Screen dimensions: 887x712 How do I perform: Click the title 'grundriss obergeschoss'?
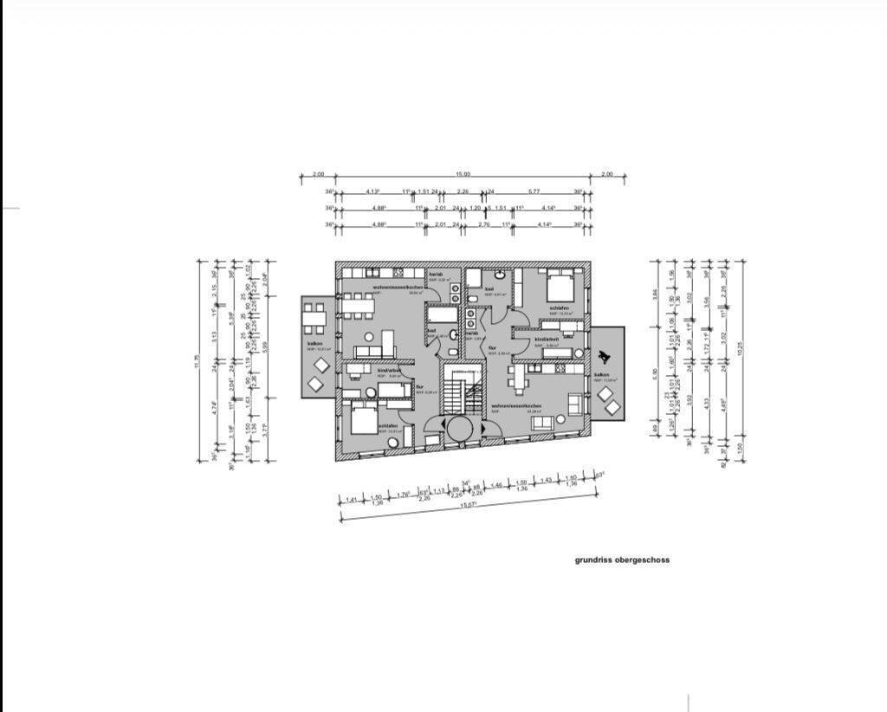click(622, 560)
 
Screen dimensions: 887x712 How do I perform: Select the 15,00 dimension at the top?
click(464, 175)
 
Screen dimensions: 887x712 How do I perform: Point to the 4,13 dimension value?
click(373, 191)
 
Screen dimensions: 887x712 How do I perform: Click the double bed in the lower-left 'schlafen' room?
click(363, 421)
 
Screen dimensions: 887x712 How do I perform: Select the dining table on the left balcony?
click(314, 317)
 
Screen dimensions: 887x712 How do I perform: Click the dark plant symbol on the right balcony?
click(605, 356)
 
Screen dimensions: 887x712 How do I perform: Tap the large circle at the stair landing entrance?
click(458, 428)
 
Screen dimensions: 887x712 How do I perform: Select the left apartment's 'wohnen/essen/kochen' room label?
click(398, 287)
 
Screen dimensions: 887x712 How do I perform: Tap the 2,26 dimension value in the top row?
click(463, 191)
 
